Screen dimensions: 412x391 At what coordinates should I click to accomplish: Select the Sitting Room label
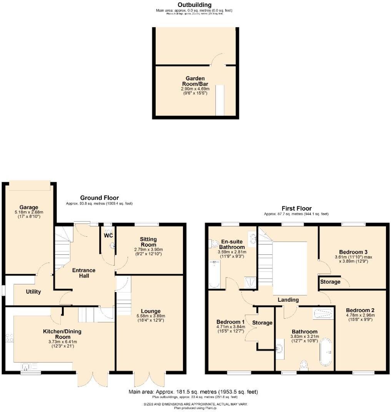pyautogui.click(x=148, y=242)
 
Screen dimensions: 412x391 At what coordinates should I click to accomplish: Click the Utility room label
pyautogui.click(x=33, y=292)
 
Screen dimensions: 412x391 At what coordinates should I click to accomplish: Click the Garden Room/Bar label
pyautogui.click(x=195, y=81)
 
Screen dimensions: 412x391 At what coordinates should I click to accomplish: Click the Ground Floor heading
pyautogui.click(x=99, y=198)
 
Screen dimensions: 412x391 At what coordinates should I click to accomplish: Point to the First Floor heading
pyautogui.click(x=296, y=208)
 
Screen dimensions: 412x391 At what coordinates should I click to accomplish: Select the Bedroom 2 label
pyautogui.click(x=360, y=310)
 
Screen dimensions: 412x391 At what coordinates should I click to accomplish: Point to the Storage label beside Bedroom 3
pyautogui.click(x=330, y=282)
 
